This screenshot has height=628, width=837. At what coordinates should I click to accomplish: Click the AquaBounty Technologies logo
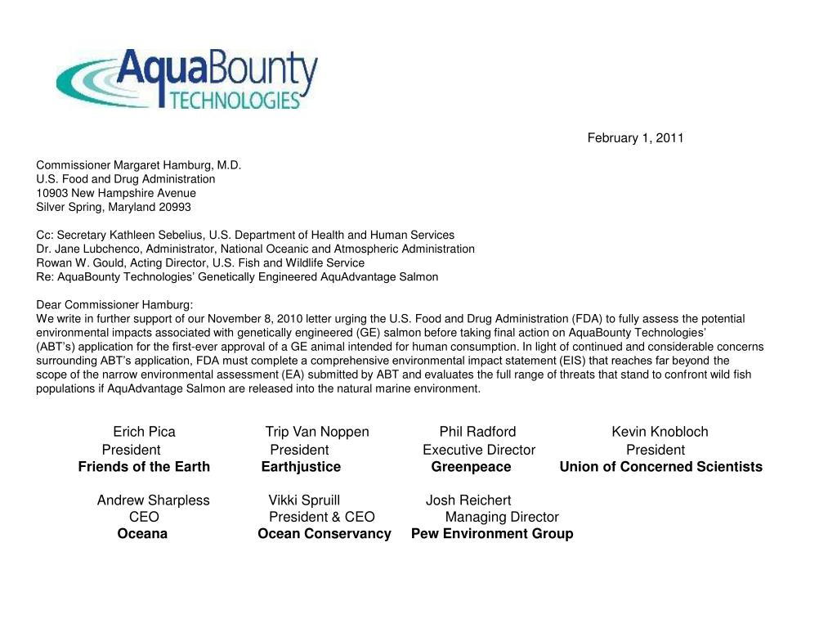point(186,78)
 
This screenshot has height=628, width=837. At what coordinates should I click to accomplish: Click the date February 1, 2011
point(635,138)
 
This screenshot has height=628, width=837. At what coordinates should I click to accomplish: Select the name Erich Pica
point(144,432)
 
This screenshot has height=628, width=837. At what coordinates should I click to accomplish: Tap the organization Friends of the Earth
point(144,467)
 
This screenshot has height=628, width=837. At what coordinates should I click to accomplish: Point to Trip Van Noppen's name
point(317,432)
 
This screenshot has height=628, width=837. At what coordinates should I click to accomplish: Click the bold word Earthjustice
point(301,467)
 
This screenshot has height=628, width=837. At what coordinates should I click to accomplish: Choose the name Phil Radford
point(477,432)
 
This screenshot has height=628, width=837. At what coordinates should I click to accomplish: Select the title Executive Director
point(479,450)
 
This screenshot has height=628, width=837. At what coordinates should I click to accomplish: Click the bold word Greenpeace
point(471,467)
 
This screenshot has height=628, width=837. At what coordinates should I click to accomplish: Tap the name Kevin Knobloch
point(660,432)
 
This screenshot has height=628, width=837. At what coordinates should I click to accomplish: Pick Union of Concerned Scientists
point(660,467)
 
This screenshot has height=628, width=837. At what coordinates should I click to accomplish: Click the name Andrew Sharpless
point(153,500)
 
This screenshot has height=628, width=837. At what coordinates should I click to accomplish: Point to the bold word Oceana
point(142,534)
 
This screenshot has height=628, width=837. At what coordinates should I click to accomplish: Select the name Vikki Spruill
point(304,500)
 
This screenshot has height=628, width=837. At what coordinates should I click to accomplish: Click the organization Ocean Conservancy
point(325,534)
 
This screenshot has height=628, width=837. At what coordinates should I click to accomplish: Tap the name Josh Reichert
point(468,500)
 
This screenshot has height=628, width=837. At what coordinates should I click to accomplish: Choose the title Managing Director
point(502,517)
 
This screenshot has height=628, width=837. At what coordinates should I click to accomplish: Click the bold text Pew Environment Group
point(492,534)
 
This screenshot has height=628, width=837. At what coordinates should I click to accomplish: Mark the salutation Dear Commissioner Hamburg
point(114,305)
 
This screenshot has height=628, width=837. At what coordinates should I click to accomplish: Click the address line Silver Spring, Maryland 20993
point(114,207)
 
